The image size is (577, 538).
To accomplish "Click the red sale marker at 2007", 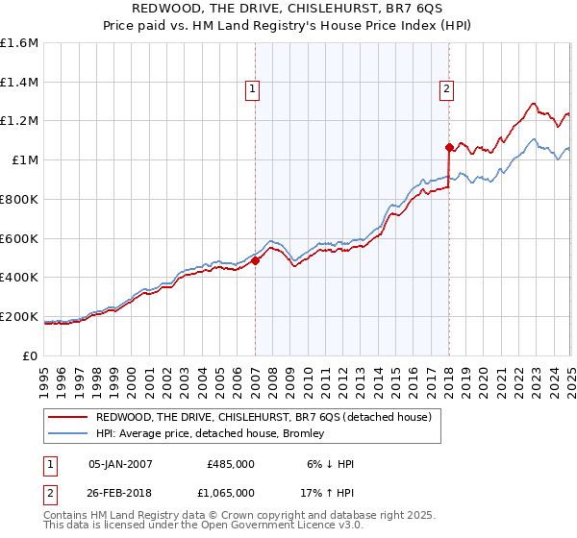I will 256,260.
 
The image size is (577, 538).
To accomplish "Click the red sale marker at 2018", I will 449,147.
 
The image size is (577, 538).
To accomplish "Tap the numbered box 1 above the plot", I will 252,89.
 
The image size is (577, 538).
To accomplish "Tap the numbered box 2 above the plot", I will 447,89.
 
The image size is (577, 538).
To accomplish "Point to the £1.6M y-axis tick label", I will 19,43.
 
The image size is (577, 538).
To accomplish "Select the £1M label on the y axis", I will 25,160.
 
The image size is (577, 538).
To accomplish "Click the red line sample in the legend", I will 67,417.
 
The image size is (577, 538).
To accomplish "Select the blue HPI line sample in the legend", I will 67,433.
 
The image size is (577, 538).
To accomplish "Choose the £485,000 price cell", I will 230,464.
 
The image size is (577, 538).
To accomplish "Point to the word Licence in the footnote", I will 284,526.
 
